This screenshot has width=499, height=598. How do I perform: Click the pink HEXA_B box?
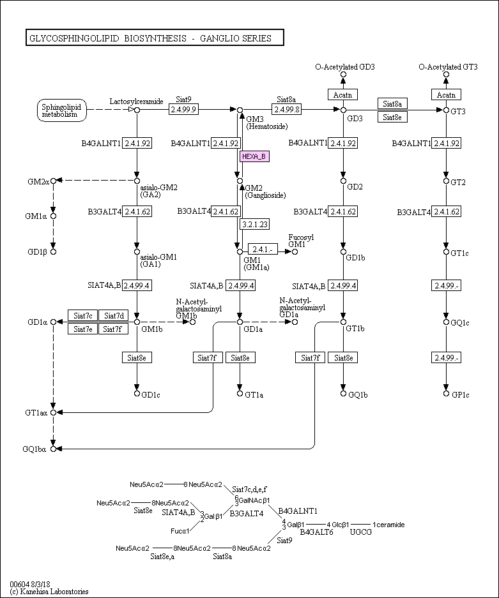pos(254,156)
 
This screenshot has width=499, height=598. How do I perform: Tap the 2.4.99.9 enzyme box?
pos(184,109)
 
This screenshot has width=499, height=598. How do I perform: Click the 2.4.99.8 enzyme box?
pos(286,109)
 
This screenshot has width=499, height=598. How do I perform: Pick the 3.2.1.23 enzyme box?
pos(254,224)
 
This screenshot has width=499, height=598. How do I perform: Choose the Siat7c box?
pos(83,315)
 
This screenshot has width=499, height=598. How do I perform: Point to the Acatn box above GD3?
pos(343,94)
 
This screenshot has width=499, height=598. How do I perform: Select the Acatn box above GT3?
pos(446,94)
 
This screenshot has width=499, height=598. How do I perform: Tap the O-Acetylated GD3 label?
pos(344,66)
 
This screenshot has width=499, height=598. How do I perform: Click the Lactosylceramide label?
pos(136,101)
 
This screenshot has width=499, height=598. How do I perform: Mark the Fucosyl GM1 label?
pos(300,241)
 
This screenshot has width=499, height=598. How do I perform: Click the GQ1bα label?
pos(35,449)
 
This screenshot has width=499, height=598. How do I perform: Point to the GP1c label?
pos(460,395)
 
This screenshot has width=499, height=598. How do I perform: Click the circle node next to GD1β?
pos(54,251)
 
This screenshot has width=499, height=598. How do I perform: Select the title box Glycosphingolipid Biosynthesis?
pos(154,38)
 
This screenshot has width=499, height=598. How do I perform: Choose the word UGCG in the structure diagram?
pos(361,532)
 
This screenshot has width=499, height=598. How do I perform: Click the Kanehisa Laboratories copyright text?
pos(49,592)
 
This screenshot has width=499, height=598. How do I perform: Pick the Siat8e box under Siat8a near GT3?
pos(393,117)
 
